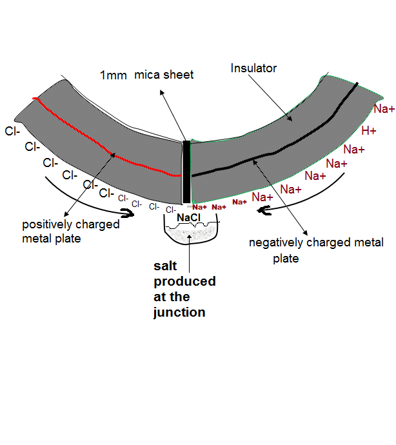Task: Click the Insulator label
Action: click(x=253, y=68)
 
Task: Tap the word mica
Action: click(x=145, y=75)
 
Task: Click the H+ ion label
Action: click(x=369, y=131)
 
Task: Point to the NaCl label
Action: click(x=188, y=218)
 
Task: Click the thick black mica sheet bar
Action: click(x=186, y=172)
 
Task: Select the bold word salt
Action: click(x=164, y=266)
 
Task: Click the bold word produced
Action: click(x=184, y=282)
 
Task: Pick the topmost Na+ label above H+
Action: click(x=384, y=108)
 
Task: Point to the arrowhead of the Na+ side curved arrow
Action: click(x=261, y=210)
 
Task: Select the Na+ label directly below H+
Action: click(x=354, y=150)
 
